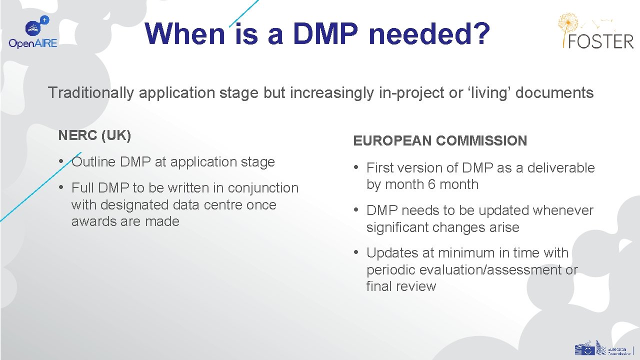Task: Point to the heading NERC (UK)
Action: click(94, 135)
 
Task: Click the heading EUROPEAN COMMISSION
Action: click(440, 141)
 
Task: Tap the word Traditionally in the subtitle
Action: click(91, 92)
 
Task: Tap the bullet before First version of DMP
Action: click(356, 167)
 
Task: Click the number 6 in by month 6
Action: click(431, 184)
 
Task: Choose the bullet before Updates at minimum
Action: click(356, 252)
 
